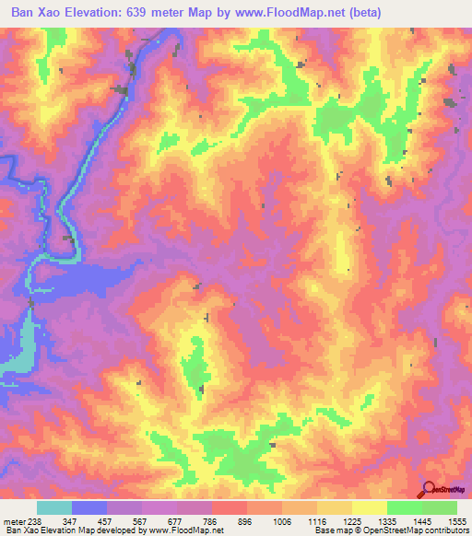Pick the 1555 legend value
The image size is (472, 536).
coord(454,521)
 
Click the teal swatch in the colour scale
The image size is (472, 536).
coord(54,507)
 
